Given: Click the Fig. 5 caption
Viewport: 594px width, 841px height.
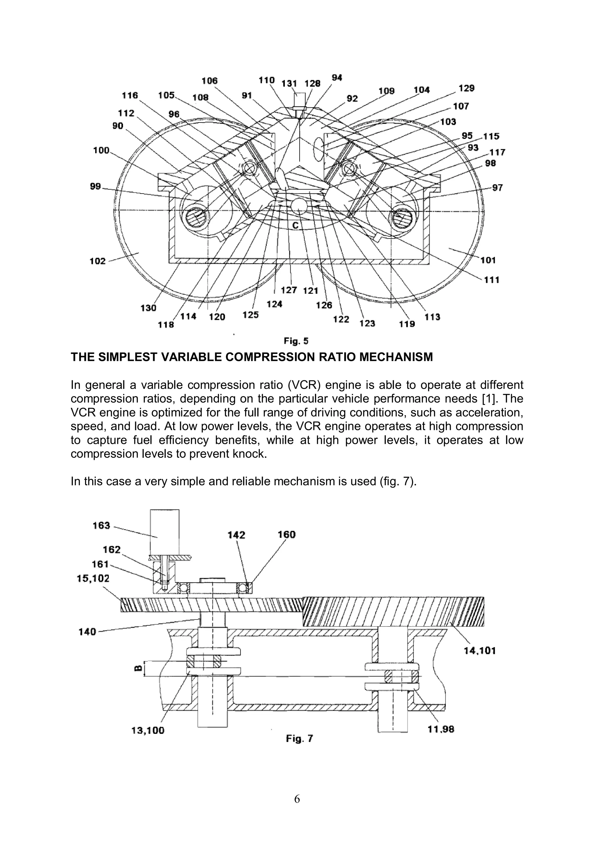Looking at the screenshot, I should (296, 341).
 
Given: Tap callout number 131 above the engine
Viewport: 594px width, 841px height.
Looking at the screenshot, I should (289, 84).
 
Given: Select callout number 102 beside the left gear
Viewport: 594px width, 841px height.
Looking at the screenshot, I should (97, 261).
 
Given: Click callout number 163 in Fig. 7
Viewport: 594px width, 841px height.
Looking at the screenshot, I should (101, 526).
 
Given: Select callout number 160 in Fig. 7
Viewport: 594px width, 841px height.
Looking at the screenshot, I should (286, 535).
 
